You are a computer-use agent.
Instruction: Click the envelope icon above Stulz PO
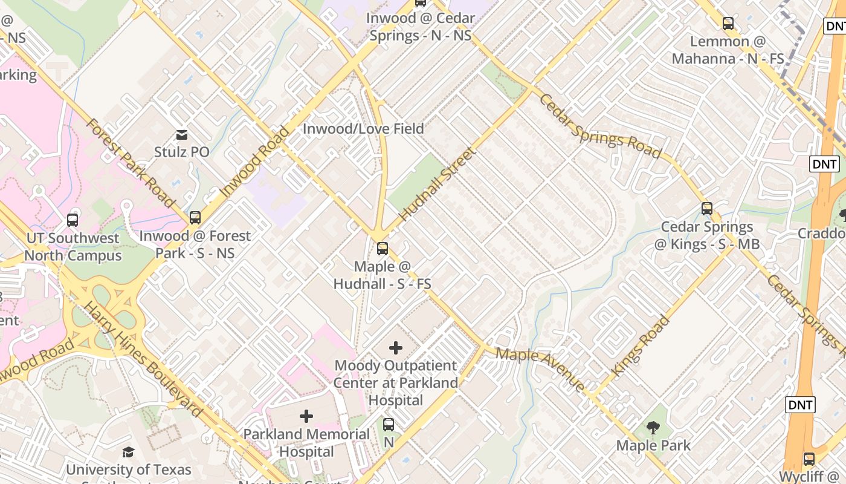point(181,134)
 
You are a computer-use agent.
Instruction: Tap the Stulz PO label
point(181,152)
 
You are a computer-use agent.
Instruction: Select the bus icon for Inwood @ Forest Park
point(195,218)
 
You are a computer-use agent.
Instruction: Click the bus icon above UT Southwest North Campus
point(73,220)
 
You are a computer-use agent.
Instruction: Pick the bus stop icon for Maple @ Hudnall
point(382,248)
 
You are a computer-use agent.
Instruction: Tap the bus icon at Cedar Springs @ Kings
point(707,209)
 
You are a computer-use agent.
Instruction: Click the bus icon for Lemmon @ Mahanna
point(728,24)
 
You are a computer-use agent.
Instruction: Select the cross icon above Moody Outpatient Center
point(396,348)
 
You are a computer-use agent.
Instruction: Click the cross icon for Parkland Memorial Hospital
point(306,416)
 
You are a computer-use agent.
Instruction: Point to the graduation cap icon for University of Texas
point(128,453)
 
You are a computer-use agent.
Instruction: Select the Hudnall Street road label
point(437,183)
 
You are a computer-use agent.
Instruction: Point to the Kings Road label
point(641,345)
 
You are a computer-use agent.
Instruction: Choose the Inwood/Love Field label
point(363,129)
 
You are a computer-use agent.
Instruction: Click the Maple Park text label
point(653,446)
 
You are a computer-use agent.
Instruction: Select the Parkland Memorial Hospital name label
point(306,443)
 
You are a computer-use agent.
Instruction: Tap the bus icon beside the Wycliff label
point(809,459)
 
